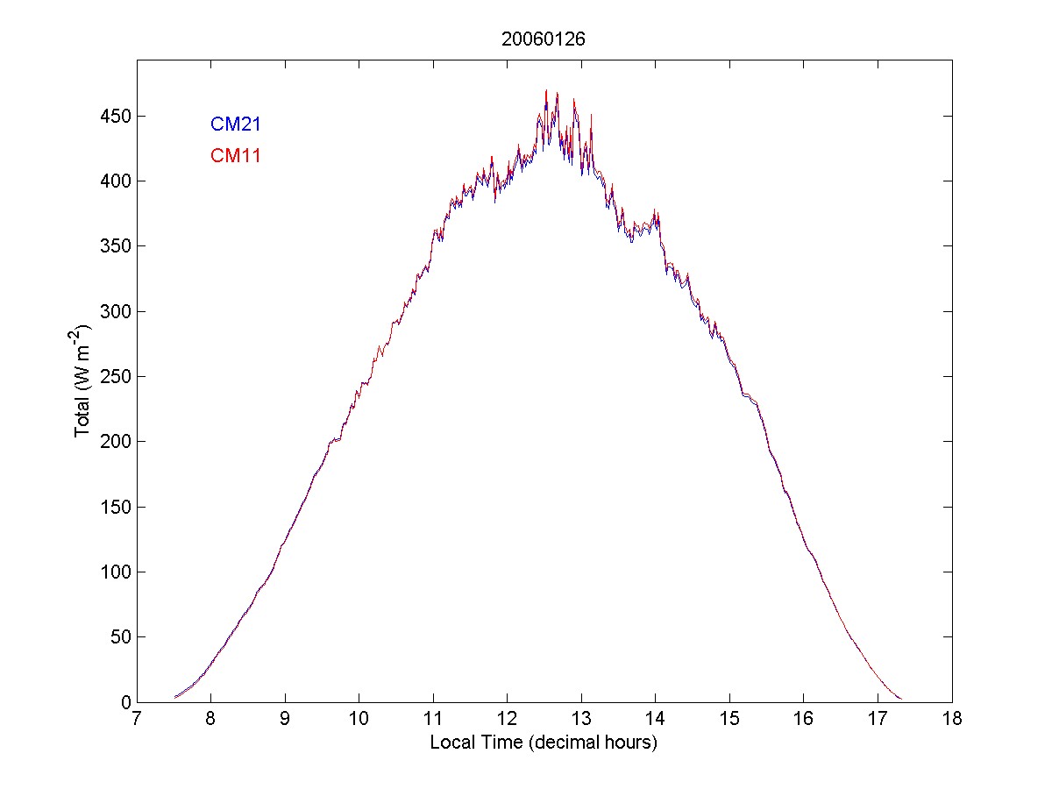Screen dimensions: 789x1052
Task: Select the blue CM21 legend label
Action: coord(235,124)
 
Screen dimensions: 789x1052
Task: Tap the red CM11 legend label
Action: coord(235,156)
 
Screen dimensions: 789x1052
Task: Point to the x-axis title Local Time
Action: coord(544,743)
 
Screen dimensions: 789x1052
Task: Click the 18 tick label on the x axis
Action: coord(952,720)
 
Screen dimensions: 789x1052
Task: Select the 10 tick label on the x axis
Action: coord(359,720)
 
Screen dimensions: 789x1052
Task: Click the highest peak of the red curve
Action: coord(546,90)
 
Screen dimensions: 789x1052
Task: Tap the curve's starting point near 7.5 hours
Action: coord(175,697)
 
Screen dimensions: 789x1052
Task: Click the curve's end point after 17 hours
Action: coord(900,699)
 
